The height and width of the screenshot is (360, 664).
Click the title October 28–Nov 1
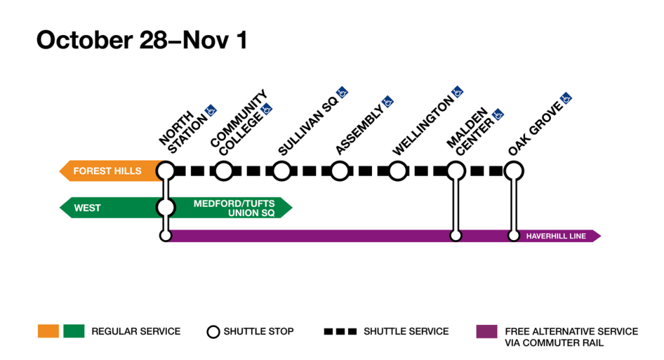(x=141, y=40)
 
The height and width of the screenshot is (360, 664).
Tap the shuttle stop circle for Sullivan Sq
(x=281, y=171)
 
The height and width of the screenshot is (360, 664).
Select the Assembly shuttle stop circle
(x=339, y=171)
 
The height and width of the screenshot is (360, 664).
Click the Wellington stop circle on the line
(x=397, y=171)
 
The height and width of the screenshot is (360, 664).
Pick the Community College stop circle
(x=223, y=171)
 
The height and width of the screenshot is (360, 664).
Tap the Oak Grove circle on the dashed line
(x=513, y=171)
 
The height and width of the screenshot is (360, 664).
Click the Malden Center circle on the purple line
(x=456, y=236)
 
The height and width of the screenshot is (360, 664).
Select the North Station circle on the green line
(x=166, y=208)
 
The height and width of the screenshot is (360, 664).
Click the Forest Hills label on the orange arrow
(x=107, y=171)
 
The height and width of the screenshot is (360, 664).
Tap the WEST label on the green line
(x=88, y=208)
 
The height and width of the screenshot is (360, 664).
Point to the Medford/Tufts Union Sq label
(x=234, y=208)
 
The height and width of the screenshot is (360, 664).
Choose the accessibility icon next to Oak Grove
(x=566, y=99)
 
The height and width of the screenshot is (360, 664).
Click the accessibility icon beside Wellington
(x=457, y=91)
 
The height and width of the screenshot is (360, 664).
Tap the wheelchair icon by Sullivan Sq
(x=341, y=91)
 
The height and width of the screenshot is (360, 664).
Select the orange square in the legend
(x=48, y=331)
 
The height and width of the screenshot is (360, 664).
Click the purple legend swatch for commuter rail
(x=486, y=331)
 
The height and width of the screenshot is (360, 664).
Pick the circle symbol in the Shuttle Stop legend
(x=213, y=331)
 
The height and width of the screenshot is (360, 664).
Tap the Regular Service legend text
(x=136, y=331)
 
